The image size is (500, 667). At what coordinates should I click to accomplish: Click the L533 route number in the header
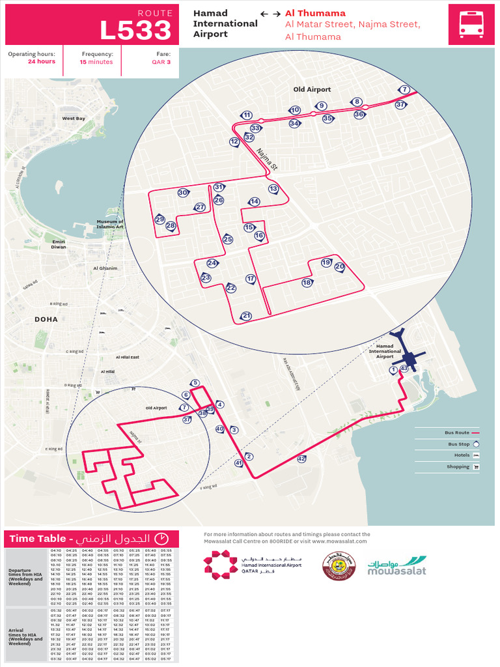point(135,30)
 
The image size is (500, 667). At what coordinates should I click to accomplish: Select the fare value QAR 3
point(161,62)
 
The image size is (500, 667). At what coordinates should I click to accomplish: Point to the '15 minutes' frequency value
point(96,62)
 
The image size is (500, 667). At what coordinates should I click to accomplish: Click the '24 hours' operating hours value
point(41,62)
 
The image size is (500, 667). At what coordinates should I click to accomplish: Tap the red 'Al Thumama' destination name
point(315,13)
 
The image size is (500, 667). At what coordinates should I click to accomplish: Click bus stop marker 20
point(339,266)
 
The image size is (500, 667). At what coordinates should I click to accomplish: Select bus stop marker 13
point(273,189)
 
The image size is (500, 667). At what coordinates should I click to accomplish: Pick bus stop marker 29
point(160,220)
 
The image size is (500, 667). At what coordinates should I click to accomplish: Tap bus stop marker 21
point(246,316)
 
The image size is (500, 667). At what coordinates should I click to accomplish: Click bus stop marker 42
point(301,459)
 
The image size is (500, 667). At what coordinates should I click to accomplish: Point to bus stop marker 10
point(295,110)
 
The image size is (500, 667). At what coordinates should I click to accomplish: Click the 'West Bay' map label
point(74,119)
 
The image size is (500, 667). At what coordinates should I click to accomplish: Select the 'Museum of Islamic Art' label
point(110,224)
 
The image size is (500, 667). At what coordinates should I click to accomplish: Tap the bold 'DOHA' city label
point(46,319)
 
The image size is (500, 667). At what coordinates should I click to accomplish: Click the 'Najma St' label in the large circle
point(266,159)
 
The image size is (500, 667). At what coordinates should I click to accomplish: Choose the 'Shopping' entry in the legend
point(458,466)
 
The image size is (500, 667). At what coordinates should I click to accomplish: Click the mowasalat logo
point(397,565)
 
